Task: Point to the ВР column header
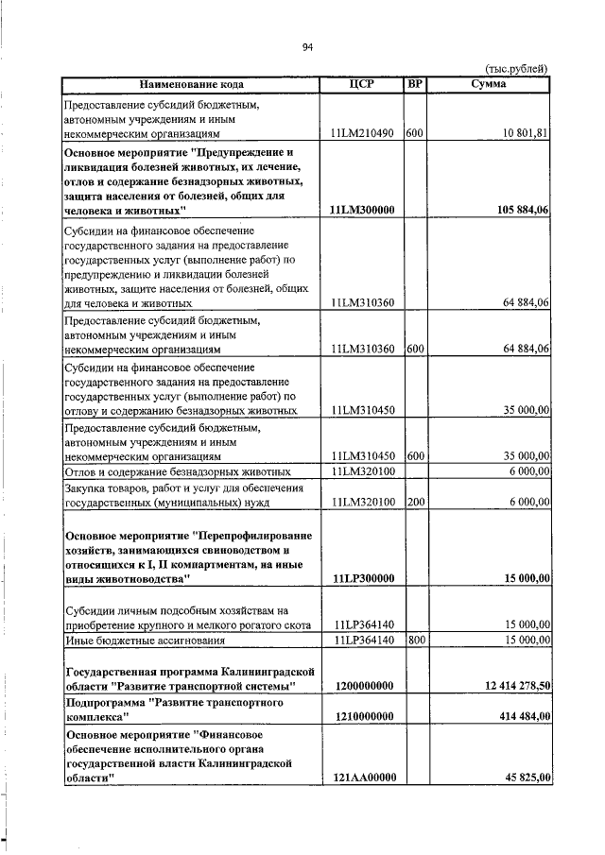point(414,84)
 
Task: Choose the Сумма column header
point(488,84)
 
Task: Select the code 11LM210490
point(362,134)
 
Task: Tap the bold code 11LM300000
point(362,210)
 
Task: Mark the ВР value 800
point(414,640)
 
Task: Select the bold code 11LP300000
point(362,578)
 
